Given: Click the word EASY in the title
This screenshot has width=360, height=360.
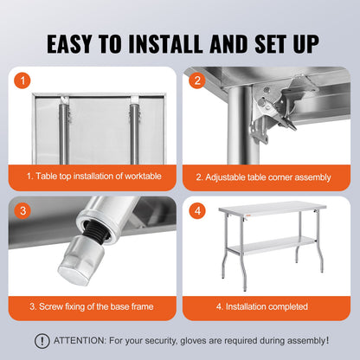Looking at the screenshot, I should point(77,42).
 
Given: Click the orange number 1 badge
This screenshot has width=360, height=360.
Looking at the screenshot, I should point(23,80).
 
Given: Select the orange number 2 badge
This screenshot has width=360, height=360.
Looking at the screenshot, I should point(196,80).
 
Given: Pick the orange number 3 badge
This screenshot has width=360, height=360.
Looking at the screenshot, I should point(23,209).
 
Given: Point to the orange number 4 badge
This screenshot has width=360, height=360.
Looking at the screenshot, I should point(196,209).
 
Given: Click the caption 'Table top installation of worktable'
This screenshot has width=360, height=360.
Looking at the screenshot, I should point(93,177).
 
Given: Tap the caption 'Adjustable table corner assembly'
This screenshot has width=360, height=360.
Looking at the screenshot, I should point(263,177).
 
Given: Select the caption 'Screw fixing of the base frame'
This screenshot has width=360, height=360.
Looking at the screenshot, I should point(93,306).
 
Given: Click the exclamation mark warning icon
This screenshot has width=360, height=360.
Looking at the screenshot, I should point(42,341).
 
